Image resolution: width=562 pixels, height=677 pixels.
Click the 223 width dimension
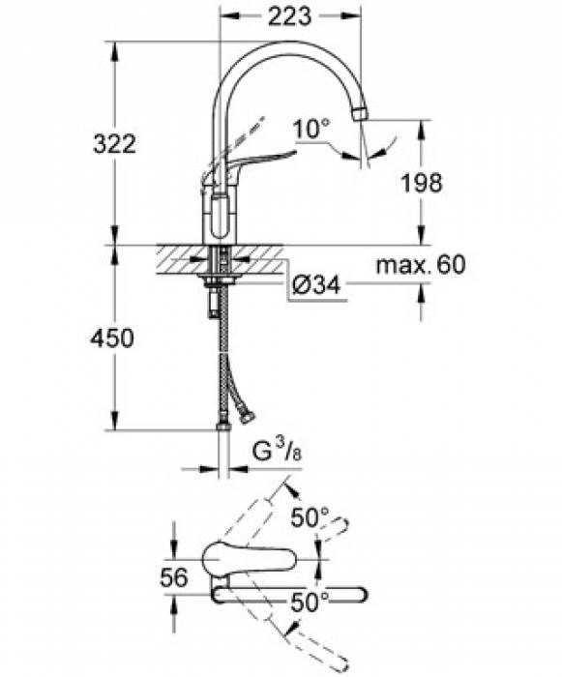click(289, 16)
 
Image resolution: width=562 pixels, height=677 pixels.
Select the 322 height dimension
click(114, 144)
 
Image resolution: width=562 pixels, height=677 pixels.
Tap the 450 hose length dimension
click(112, 338)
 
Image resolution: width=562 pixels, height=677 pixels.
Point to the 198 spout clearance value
click(422, 183)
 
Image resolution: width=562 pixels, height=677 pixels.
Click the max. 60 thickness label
click(421, 265)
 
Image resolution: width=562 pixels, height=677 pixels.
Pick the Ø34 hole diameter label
click(316, 285)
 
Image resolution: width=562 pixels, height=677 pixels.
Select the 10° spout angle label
click(311, 129)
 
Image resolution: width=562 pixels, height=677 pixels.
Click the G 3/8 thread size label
click(277, 452)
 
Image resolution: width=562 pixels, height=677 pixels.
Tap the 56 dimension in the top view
click(174, 576)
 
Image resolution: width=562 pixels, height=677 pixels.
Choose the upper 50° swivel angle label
click(310, 517)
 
